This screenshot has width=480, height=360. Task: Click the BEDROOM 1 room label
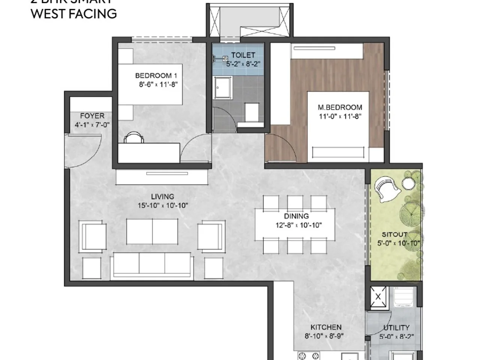[x=153, y=76]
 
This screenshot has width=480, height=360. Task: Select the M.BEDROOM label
[x=340, y=107]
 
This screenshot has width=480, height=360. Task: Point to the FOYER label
[x=92, y=116]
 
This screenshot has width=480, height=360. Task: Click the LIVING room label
[x=162, y=196]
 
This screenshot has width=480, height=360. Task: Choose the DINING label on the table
[x=296, y=216]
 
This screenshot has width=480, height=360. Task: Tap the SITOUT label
[x=394, y=234]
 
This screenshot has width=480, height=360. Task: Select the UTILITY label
[x=396, y=328]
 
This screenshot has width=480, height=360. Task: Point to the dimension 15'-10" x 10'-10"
[x=162, y=205]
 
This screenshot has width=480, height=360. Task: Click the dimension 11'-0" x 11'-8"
[x=340, y=117]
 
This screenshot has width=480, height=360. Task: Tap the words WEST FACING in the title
[x=73, y=14]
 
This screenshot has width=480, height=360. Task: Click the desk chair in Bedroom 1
[x=134, y=138]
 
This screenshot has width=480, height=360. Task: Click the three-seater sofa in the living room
[x=151, y=265]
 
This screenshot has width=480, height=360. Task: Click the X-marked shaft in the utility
[x=378, y=297]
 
